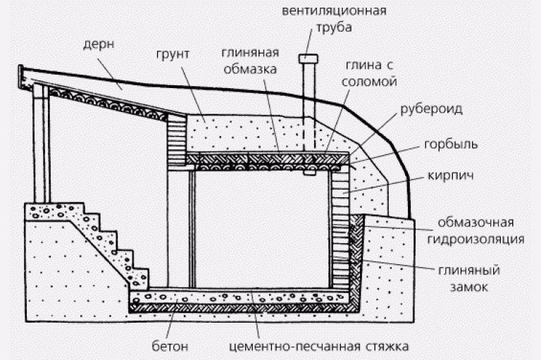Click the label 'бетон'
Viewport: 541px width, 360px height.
170,345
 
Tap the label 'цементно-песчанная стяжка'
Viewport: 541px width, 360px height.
320,345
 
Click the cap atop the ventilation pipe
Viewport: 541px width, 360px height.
309,58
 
